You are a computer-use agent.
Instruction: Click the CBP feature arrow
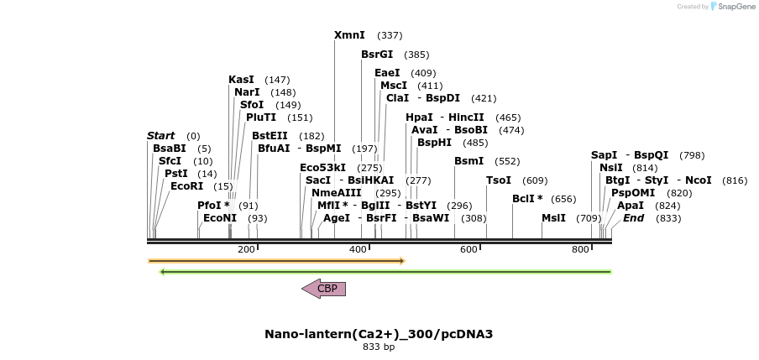[x=324, y=289]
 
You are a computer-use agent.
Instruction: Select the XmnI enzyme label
[x=349, y=35]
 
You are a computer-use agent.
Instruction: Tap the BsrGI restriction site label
[x=377, y=55]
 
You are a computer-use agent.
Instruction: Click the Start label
[x=160, y=136]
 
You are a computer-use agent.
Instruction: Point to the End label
[x=633, y=218]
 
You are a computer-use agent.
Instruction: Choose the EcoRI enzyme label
[x=186, y=186]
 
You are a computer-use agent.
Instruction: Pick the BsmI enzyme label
[x=468, y=161]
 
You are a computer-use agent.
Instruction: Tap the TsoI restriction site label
[x=499, y=180]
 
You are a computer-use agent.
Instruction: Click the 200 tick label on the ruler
[x=246, y=250]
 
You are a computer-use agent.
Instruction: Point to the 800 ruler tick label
[x=580, y=250]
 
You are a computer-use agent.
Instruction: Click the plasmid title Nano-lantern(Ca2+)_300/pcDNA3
[x=379, y=334]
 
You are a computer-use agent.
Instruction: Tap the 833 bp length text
[x=379, y=347]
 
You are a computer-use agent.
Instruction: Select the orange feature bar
[x=276, y=261]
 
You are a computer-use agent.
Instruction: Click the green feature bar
[x=385, y=272]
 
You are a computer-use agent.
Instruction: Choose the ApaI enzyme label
[x=631, y=206]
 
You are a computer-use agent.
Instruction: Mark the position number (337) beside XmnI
[x=390, y=35]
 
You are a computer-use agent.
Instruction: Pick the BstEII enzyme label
[x=270, y=136]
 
